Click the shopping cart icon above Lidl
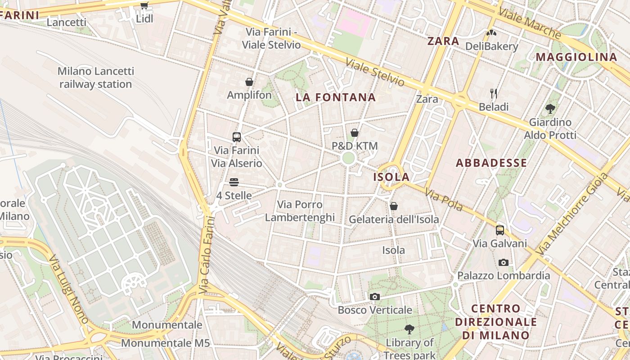click(x=144, y=6)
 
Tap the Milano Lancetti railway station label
click(x=95, y=77)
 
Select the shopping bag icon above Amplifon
click(x=249, y=82)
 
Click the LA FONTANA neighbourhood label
click(x=336, y=97)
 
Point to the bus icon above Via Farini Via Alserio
click(x=237, y=137)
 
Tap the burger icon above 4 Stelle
click(x=234, y=182)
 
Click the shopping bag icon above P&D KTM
click(x=355, y=133)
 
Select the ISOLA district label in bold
click(x=391, y=177)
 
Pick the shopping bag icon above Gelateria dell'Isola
click(x=394, y=206)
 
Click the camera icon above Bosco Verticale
click(x=374, y=297)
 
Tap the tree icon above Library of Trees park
click(x=409, y=329)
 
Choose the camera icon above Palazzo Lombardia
click(x=504, y=262)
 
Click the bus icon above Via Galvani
click(x=499, y=230)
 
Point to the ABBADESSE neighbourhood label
click(x=491, y=163)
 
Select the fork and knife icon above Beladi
click(x=494, y=94)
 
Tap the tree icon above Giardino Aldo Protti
click(x=550, y=108)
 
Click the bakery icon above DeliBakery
click(x=491, y=33)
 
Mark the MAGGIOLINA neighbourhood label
click(x=576, y=57)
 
